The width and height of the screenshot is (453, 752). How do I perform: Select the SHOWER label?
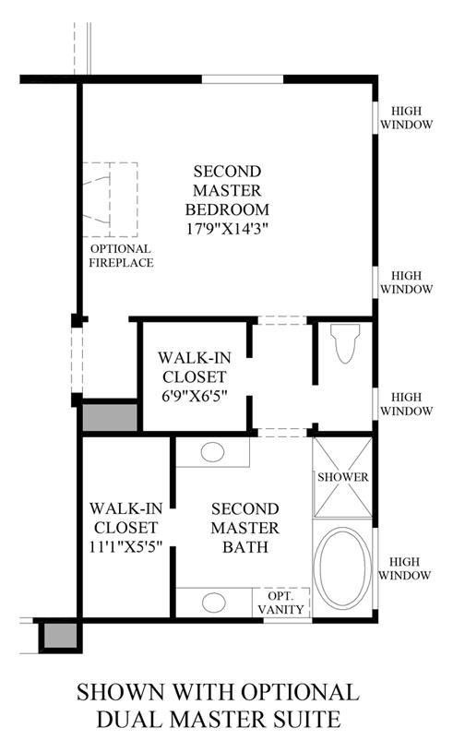click(x=343, y=477)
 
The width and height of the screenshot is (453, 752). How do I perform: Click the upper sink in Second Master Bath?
click(x=213, y=452)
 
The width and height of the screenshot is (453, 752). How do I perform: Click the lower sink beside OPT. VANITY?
click(x=214, y=603)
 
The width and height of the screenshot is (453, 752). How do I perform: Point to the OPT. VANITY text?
click(x=280, y=603)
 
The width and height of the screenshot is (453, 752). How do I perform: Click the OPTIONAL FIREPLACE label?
click(x=121, y=256)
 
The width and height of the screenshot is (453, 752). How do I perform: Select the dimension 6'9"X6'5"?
click(x=194, y=396)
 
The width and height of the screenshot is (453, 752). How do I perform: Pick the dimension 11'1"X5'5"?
click(x=125, y=546)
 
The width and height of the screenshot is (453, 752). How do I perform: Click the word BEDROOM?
click(x=227, y=209)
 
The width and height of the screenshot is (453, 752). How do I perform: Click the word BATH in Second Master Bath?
click(x=245, y=547)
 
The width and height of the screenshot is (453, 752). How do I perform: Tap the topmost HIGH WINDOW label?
click(x=406, y=117)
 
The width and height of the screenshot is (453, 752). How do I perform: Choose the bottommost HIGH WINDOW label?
click(x=405, y=568)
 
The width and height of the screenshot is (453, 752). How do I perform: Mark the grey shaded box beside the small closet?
click(x=110, y=417)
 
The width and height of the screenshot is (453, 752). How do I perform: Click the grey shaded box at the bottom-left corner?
click(x=60, y=636)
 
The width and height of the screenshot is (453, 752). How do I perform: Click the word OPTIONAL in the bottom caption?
click(x=300, y=693)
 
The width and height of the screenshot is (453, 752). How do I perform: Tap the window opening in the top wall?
click(x=242, y=79)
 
